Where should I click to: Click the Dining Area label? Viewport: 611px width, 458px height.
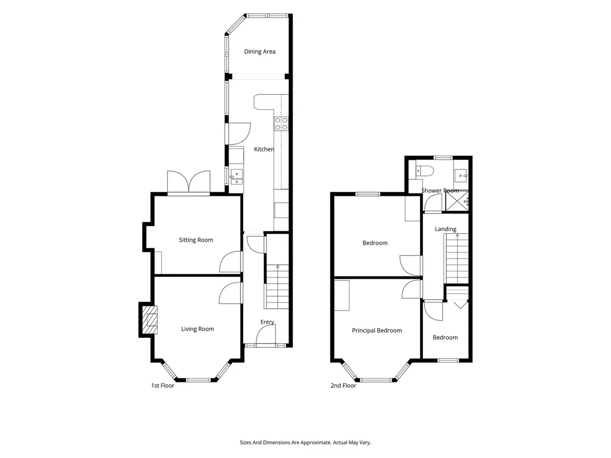pos(259,52)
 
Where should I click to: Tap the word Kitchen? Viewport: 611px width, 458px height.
pos(264,149)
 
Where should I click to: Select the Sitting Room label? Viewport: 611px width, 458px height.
pos(196,240)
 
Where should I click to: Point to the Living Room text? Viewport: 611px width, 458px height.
pos(198,329)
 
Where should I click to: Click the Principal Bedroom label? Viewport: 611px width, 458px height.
pos(377,330)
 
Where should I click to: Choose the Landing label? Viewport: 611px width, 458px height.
pos(445,229)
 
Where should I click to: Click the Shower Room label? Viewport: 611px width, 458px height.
pos(440,191)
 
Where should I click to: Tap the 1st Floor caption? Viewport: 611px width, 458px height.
pos(163,385)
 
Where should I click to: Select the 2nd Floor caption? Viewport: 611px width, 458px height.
pos(343,385)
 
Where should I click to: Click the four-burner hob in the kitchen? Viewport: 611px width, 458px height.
pos(281,124)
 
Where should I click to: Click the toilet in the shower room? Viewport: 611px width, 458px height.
pos(424,170)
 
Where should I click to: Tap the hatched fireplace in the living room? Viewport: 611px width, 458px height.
pos(150,320)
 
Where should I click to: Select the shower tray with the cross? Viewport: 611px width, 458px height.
pos(457,201)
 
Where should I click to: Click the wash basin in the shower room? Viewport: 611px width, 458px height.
pos(461,176)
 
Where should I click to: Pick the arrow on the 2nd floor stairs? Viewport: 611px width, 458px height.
pos(457,236)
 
